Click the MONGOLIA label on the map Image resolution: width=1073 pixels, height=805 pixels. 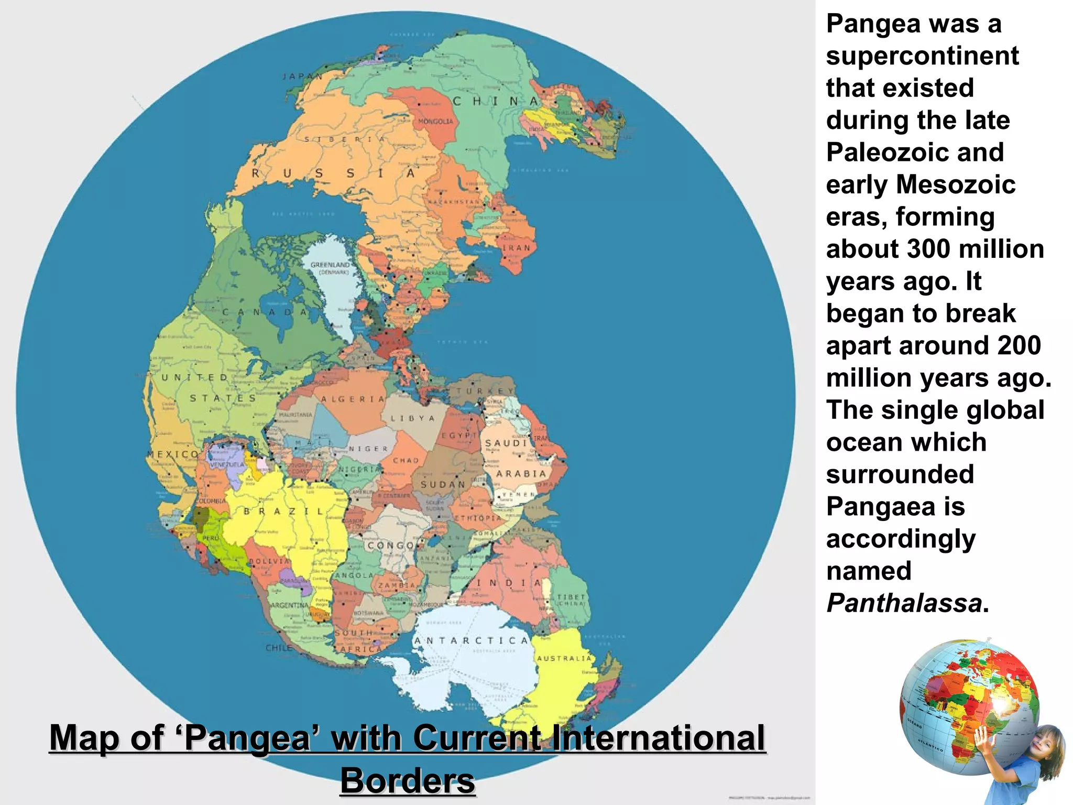tap(435, 122)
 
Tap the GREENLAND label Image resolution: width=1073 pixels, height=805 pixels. tap(330, 265)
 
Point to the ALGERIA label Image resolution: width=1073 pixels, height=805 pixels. tap(353, 399)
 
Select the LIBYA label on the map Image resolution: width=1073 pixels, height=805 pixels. tap(413, 419)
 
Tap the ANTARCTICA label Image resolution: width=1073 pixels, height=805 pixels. tap(471, 640)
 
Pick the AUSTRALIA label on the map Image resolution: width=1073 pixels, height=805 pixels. tap(564, 658)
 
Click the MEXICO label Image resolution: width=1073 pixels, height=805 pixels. tap(173, 454)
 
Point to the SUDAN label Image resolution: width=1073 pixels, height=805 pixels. tap(443, 485)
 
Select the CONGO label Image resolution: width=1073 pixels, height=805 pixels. tap(391, 546)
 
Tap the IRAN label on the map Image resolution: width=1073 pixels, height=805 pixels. tap(517, 248)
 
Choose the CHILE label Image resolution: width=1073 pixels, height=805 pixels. tap(279, 648)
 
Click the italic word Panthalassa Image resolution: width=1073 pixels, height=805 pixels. tap(904, 603)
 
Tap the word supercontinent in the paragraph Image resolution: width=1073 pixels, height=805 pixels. tap(922, 56)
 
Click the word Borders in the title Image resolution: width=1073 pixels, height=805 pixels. tap(408, 780)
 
